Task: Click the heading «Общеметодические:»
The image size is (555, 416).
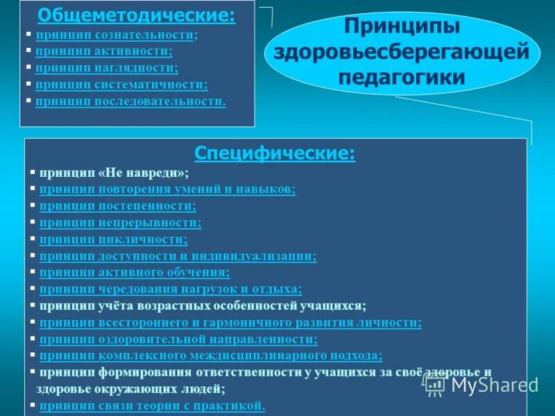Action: click(x=136, y=15)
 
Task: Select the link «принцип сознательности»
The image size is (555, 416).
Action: click(x=115, y=34)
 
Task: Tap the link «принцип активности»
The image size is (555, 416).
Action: click(x=104, y=51)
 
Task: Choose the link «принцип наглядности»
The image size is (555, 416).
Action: click(x=107, y=67)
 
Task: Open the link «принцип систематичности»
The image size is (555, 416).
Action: click(x=121, y=85)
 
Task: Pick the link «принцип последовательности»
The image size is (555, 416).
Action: click(x=130, y=101)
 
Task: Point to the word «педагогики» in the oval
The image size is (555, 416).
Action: click(x=402, y=77)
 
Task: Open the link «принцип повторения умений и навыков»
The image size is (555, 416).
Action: click(x=167, y=189)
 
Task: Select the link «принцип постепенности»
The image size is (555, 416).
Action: click(x=117, y=206)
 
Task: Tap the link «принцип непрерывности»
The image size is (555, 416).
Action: click(x=120, y=223)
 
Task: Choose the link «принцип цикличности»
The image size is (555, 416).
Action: click(x=113, y=239)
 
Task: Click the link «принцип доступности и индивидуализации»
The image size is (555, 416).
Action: click(x=178, y=256)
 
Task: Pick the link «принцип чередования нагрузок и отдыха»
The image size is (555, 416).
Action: click(x=171, y=289)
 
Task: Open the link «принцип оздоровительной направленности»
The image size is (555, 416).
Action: click(x=178, y=339)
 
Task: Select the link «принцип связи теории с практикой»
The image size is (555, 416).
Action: click(x=152, y=406)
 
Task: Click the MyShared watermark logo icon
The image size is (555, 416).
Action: click(x=436, y=385)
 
